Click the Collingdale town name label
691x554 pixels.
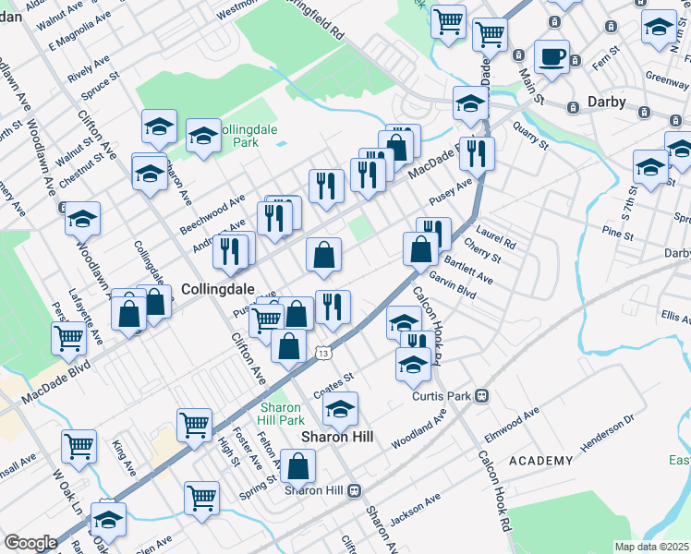click(216, 289)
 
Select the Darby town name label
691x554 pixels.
click(606, 102)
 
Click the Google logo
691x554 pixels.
click(30, 543)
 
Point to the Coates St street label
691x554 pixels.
click(333, 379)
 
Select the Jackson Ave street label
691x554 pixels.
click(415, 512)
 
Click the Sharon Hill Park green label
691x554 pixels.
click(281, 414)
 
